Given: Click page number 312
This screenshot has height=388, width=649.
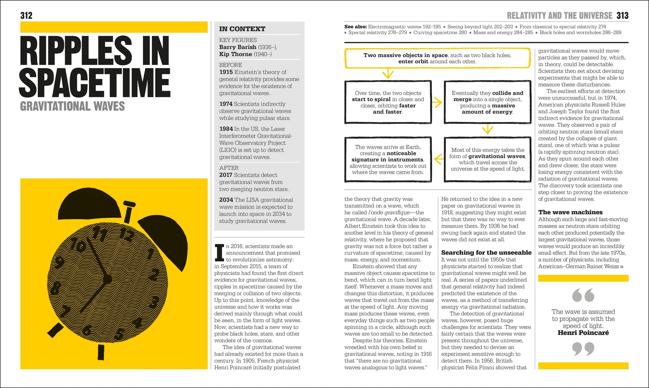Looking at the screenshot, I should [x=26, y=15].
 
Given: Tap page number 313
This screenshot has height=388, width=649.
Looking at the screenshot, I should [x=622, y=15].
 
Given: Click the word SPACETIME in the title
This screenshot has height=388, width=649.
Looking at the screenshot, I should [x=95, y=82].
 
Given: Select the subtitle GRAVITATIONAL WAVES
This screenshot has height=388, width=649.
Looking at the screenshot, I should [x=72, y=106].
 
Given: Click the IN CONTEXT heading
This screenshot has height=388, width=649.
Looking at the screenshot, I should [x=242, y=29].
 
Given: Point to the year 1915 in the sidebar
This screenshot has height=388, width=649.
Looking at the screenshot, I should [x=226, y=72].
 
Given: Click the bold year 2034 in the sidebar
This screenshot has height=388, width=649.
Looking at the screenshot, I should [x=226, y=200].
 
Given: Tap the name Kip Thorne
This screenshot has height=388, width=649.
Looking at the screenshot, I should [x=236, y=54].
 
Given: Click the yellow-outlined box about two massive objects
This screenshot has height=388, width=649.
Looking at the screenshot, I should [x=437, y=58].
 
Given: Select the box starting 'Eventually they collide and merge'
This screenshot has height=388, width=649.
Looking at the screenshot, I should [x=487, y=102].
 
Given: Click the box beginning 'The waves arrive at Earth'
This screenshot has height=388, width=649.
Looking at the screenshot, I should [x=388, y=159].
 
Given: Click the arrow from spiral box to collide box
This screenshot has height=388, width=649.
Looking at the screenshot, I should [x=437, y=102].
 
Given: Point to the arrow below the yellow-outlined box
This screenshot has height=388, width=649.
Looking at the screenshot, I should [x=388, y=74].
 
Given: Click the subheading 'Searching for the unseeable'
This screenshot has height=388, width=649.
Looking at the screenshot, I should [x=486, y=252].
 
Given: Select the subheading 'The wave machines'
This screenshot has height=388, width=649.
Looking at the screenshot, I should [x=570, y=212].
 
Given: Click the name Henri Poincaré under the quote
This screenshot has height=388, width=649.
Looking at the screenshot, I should [x=583, y=333].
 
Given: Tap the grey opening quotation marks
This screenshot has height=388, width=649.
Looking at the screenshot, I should [x=583, y=295].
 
